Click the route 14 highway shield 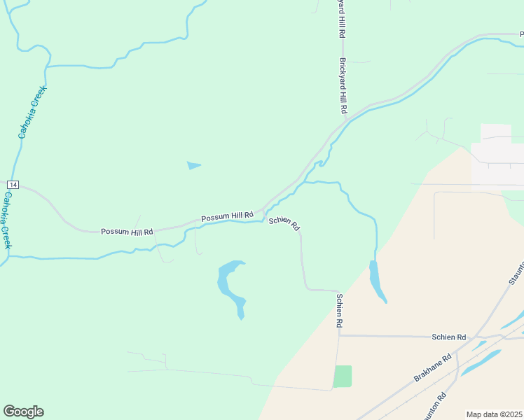pyautogui.click(x=12, y=184)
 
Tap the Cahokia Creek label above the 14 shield pyautogui.click(x=32, y=111)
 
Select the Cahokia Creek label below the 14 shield pyautogui.click(x=6, y=220)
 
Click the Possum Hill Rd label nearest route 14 pyautogui.click(x=127, y=231)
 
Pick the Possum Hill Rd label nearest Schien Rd pyautogui.click(x=226, y=218)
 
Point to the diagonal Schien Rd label pyautogui.click(x=284, y=225)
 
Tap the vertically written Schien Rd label pyautogui.click(x=339, y=311)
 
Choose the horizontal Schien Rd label pyautogui.click(x=449, y=337)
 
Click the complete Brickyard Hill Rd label pyautogui.click(x=343, y=86)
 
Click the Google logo pyautogui.click(x=23, y=412)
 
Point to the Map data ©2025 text pyautogui.click(x=495, y=414)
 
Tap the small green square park pyautogui.click(x=343, y=376)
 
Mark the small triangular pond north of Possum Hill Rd pyautogui.click(x=193, y=166)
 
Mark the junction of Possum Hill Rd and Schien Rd pyautogui.click(x=263, y=211)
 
